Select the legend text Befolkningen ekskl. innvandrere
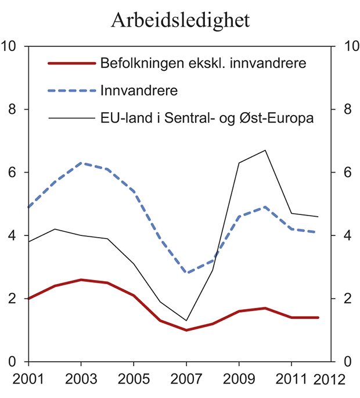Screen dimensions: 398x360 click(x=203, y=63)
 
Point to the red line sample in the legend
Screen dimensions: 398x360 click(x=71, y=63)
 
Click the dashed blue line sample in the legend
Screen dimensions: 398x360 click(x=71, y=91)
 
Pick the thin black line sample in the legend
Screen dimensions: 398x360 click(x=71, y=119)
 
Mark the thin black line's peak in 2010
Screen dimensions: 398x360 click(x=265, y=150)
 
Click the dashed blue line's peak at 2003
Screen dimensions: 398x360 click(x=81, y=163)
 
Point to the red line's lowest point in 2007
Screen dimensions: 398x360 click(x=186, y=330)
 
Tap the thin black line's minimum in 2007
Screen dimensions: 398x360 click(x=186, y=321)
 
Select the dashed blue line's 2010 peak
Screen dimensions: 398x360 click(x=265, y=207)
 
